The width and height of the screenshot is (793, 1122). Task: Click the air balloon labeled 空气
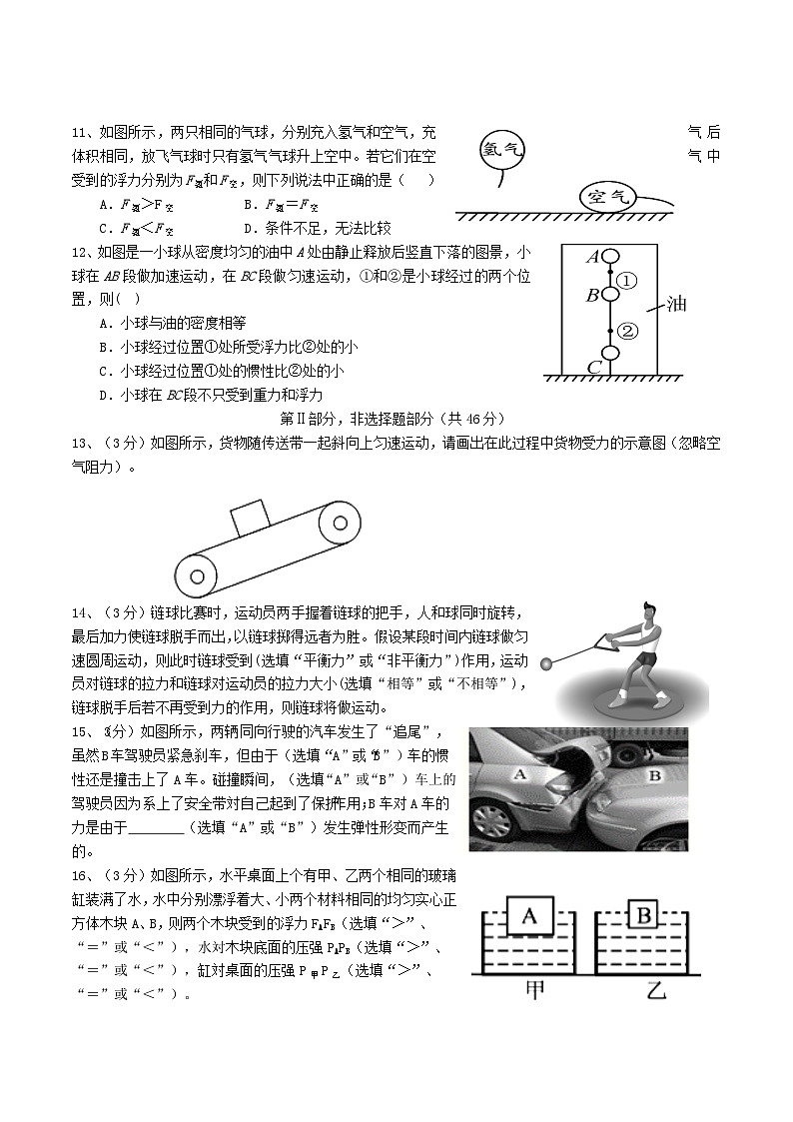tap(609, 196)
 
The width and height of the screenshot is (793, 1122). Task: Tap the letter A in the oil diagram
tap(591, 257)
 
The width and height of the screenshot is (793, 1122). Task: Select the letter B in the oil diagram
tap(591, 295)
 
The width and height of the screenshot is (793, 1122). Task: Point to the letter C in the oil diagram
tap(593, 367)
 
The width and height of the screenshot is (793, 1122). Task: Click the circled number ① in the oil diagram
tap(626, 282)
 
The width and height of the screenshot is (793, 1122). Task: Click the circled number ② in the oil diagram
tap(626, 331)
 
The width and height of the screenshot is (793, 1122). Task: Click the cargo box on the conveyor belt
tap(249, 521)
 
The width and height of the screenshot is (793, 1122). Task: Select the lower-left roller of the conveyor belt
tap(197, 575)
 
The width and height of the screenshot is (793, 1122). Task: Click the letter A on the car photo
tap(519, 773)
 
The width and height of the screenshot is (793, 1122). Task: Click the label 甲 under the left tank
tap(532, 991)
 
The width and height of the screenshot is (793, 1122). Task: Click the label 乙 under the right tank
tap(654, 991)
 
